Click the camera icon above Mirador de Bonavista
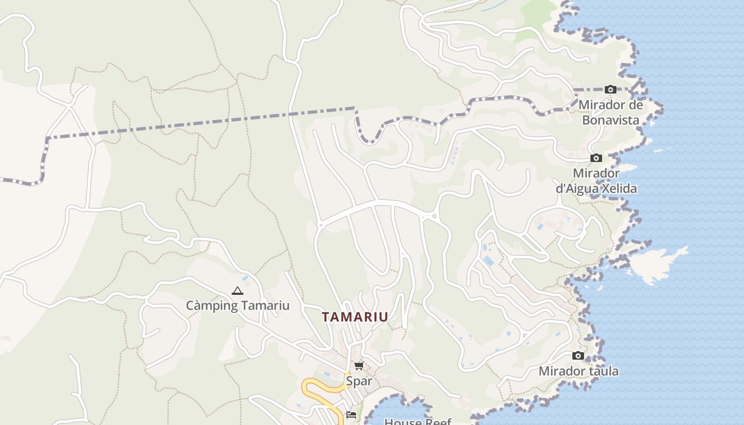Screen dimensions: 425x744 (x=610, y=89)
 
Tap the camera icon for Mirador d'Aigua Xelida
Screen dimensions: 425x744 (x=596, y=158)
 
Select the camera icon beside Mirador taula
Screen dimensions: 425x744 (x=578, y=355)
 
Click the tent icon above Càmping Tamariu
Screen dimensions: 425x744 (x=237, y=291)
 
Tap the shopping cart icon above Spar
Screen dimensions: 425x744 (x=359, y=365)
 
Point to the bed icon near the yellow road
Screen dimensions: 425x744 (x=351, y=414)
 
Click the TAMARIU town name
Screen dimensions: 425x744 (x=354, y=317)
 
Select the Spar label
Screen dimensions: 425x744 (x=359, y=381)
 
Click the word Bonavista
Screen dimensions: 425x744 (x=611, y=120)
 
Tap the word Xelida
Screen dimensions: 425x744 (x=618, y=188)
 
